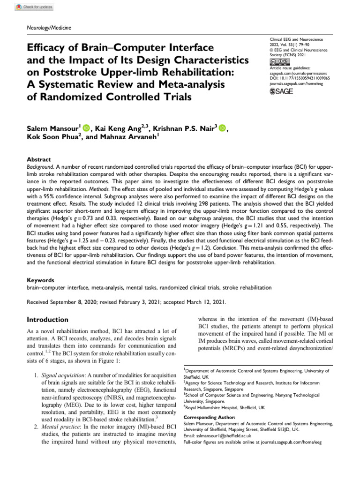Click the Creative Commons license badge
(x=277, y=61)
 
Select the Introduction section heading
(x=47, y=320)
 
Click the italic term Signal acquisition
(x=63, y=375)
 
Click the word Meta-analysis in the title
(x=183, y=85)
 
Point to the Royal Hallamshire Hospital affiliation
(x=225, y=407)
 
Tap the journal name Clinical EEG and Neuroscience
(x=298, y=42)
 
